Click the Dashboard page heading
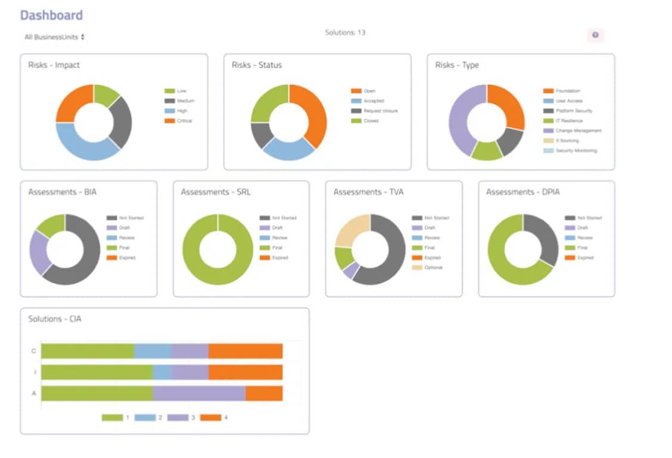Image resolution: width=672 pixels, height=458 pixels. (x=51, y=16)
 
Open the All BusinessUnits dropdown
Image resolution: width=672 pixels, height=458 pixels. (x=54, y=37)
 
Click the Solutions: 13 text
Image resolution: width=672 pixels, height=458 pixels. (x=345, y=33)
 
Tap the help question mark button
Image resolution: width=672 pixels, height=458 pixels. (x=595, y=36)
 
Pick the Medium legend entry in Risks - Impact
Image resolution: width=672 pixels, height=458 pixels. (x=185, y=101)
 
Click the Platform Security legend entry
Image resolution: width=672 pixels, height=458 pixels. (x=574, y=111)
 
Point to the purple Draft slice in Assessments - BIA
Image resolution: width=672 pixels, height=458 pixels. (x=39, y=251)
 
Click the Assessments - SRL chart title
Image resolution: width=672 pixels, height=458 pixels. (x=215, y=192)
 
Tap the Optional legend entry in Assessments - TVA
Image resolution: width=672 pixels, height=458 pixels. (x=433, y=268)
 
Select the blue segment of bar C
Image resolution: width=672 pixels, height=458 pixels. (x=153, y=351)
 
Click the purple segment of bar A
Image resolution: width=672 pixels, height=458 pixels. (x=199, y=394)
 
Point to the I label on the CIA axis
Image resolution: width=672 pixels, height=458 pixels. (x=33, y=372)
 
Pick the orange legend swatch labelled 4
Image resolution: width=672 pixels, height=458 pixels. (x=210, y=417)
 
